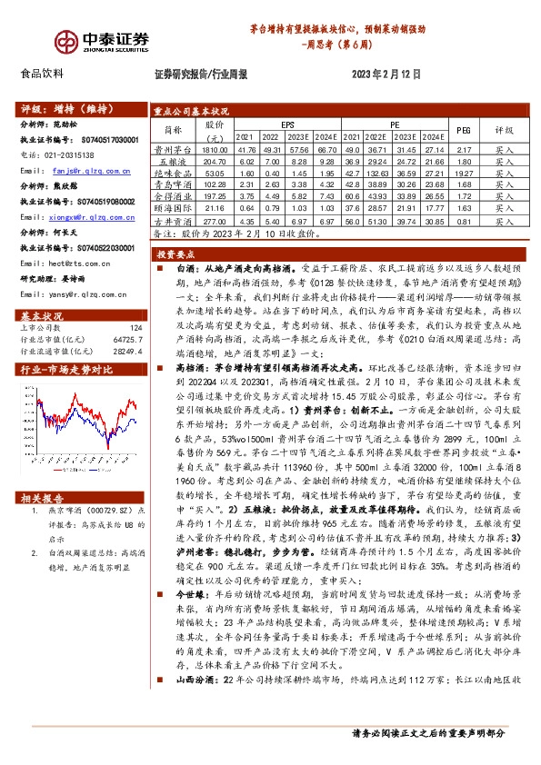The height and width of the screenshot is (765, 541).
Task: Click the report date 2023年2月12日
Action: [x=381, y=75]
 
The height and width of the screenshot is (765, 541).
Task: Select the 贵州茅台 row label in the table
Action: [x=173, y=148]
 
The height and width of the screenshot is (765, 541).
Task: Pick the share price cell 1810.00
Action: [x=215, y=148]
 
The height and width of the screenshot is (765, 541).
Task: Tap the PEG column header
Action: [x=463, y=130]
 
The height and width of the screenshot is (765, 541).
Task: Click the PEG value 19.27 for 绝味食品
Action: [x=463, y=172]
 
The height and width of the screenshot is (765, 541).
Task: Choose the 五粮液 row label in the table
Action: [x=173, y=160]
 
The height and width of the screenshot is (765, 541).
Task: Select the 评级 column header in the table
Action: [x=504, y=130]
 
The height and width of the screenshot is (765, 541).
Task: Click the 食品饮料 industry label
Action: [x=42, y=75]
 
